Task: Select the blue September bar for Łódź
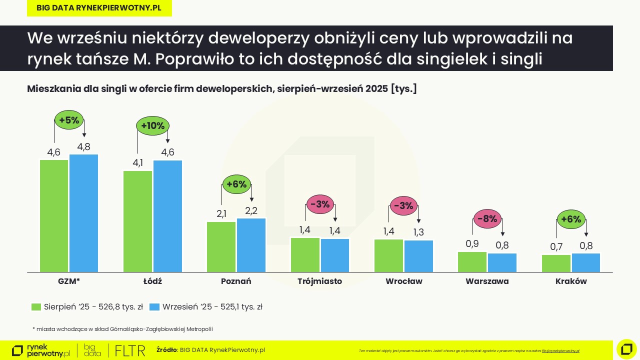(167, 216)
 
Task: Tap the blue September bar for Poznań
(251, 245)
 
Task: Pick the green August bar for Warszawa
(472, 262)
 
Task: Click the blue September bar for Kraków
(585, 263)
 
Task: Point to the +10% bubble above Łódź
(153, 126)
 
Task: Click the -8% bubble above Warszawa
(487, 219)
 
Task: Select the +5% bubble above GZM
(69, 120)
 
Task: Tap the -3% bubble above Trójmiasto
(320, 204)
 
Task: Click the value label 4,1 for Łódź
(137, 162)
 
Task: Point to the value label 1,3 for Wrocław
(418, 232)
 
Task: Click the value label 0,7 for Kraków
(556, 246)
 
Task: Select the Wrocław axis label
(403, 281)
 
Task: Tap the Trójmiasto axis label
(319, 281)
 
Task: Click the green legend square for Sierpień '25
(36, 307)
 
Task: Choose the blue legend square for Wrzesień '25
(154, 307)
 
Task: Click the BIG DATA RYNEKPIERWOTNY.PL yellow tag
(99, 8)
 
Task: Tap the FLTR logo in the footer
(130, 350)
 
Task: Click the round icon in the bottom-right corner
(626, 349)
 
